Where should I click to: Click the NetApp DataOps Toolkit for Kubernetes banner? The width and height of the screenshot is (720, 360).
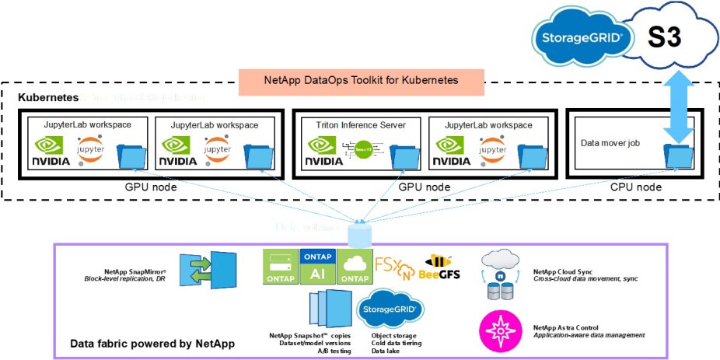(361, 79)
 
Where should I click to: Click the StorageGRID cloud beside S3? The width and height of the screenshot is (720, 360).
(581, 37)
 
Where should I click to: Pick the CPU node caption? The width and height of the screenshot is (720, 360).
(635, 187)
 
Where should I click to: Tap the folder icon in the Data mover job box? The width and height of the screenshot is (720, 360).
(676, 154)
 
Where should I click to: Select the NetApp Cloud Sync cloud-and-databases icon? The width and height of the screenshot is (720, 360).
(501, 274)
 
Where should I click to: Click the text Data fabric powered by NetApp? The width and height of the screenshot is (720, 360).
(152, 344)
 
